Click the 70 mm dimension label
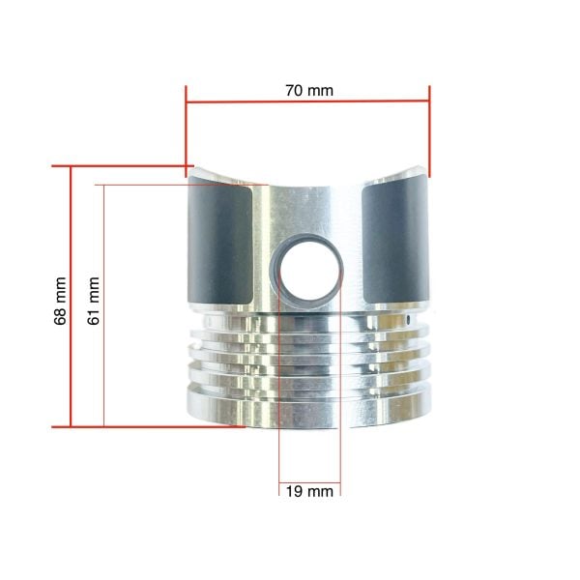tap(309, 91)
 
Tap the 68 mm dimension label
tap(60, 301)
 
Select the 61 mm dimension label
tap(93, 301)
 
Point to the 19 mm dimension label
tap(309, 492)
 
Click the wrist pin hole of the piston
tap(309, 272)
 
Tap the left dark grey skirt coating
tap(220, 242)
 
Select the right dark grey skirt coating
tap(395, 240)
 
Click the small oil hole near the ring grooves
tap(408, 319)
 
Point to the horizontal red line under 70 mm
tap(307, 101)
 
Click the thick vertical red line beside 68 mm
tap(71, 297)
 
